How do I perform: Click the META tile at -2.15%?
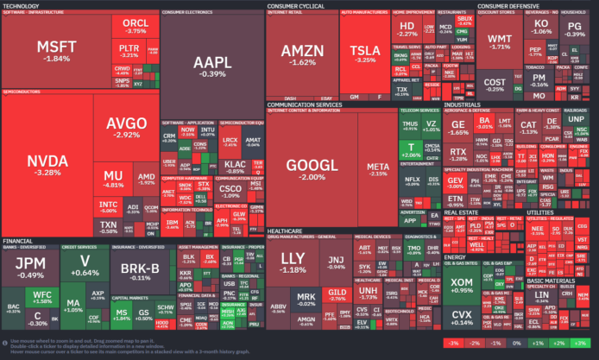point(378,168)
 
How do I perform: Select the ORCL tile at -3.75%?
point(135,26)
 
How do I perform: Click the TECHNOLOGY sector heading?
point(21,5)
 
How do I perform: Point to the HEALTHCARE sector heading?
point(285,231)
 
